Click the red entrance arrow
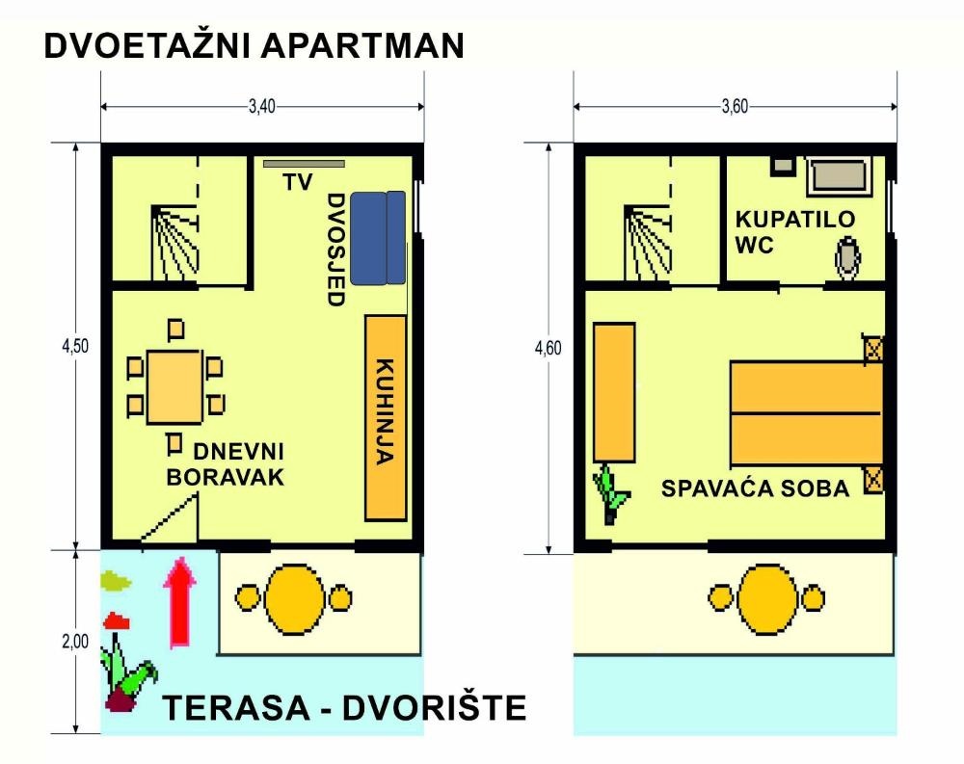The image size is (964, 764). click(x=179, y=602)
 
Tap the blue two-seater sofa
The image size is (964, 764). click(x=378, y=238)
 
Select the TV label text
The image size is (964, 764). click(x=298, y=182)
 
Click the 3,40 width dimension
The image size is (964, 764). click(x=262, y=106)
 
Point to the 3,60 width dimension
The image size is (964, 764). click(x=735, y=106)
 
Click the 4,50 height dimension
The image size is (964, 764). click(x=75, y=346)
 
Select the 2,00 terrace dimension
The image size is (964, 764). click(x=75, y=641)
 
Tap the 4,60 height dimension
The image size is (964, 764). click(x=548, y=349)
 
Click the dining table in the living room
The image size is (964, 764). click(x=174, y=386)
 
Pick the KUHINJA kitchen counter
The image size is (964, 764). click(x=386, y=418)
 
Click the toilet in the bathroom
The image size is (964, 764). click(x=847, y=258)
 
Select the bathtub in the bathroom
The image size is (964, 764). click(x=840, y=177)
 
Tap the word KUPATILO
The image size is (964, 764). click(x=795, y=220)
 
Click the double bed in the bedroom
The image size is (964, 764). click(x=807, y=413)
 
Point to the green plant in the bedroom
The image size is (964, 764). click(x=610, y=494)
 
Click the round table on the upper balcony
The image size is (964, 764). click(x=767, y=598)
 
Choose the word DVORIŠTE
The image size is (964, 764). click(x=434, y=707)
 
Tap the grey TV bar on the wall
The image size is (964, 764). click(x=304, y=164)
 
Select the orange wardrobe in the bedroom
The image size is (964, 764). click(x=613, y=392)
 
